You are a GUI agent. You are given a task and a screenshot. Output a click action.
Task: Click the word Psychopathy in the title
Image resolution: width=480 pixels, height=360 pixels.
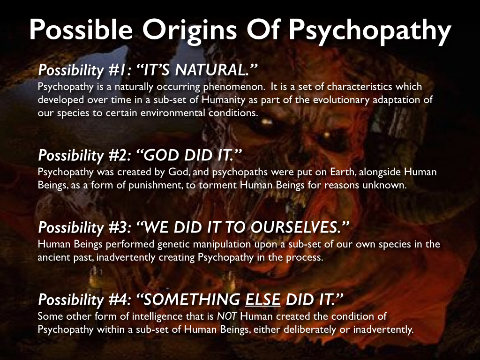370,30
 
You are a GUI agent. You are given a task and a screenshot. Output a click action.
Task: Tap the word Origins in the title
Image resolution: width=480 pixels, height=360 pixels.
189,30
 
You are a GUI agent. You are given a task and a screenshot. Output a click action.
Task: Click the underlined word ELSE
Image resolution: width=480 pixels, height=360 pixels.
262,300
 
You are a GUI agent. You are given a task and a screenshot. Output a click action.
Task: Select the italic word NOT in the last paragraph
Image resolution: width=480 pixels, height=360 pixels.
227,316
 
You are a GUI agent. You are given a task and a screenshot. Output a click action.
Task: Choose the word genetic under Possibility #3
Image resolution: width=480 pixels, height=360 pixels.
173,245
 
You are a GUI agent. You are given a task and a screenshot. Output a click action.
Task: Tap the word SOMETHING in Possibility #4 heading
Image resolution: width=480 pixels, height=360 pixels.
192,300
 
